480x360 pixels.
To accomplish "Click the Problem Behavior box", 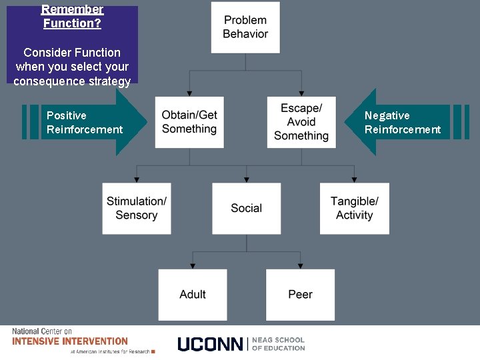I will [245, 27].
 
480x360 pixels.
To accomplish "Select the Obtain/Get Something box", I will [189, 122].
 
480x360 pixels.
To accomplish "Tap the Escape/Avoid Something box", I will [301, 122].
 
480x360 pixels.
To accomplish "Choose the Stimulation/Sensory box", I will [137, 208].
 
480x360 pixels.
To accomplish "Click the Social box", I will [246, 208].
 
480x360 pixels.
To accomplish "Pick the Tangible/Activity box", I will [354, 208].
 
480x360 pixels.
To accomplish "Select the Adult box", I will [193, 294].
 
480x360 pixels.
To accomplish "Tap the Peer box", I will [300, 294].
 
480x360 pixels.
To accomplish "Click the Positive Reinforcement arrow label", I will [84, 123].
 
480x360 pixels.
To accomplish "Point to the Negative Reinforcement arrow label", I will [403, 123].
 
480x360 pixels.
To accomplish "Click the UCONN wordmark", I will [210, 344].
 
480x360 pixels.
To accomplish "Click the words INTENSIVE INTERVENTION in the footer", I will [70, 341].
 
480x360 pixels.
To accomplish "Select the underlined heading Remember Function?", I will [72, 17].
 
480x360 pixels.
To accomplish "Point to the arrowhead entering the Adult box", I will [193, 265].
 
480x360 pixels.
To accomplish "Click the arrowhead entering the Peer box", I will [301, 265].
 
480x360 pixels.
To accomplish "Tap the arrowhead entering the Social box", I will [247, 179].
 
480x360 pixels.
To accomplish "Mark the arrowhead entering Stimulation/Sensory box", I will [137, 179].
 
